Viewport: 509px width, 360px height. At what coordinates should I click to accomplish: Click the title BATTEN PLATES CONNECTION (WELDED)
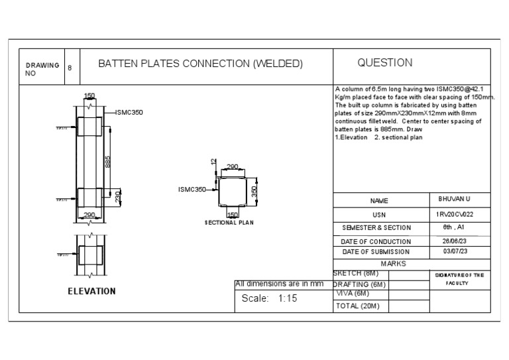[200, 64]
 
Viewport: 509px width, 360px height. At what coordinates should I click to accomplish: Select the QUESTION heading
[384, 63]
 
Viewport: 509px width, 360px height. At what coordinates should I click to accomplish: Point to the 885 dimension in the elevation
[108, 162]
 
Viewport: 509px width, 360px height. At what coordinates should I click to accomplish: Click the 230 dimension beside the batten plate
[119, 198]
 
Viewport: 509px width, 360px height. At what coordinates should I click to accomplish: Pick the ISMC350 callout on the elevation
[129, 112]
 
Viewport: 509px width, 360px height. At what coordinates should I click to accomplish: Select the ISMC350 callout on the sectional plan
[192, 190]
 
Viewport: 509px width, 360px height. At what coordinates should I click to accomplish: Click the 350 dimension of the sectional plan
[254, 192]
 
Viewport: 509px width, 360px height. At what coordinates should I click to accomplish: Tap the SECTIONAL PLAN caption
[229, 223]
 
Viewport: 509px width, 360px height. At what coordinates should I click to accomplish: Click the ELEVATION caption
[91, 291]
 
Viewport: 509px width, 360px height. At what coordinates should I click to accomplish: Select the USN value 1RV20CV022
[455, 213]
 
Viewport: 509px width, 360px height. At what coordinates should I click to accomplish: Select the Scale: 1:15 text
[269, 298]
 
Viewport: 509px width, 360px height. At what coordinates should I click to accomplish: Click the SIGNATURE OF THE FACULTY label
[459, 278]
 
